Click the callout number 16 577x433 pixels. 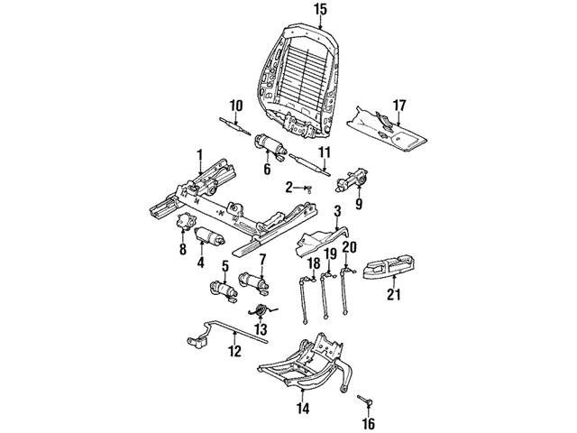[x=368, y=421]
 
